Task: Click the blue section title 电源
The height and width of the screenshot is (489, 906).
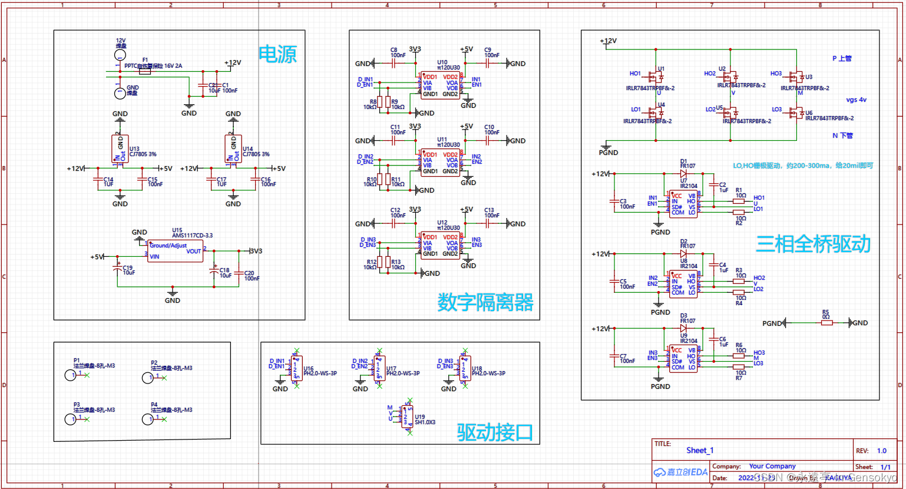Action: [x=277, y=54]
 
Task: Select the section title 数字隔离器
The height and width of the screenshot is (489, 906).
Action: [x=485, y=302]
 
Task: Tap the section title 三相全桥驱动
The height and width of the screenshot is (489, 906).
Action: [x=813, y=243]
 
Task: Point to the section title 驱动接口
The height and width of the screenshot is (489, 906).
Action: [x=495, y=432]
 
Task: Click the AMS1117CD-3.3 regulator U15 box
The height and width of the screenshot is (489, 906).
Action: [x=175, y=251]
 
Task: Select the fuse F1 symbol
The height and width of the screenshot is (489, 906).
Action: [x=145, y=72]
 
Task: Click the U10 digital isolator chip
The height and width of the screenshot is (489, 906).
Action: [x=439, y=85]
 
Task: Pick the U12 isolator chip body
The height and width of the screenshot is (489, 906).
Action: [x=439, y=246]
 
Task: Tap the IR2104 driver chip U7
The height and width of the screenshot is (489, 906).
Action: [x=683, y=203]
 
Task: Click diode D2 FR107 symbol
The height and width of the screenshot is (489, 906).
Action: [x=683, y=254]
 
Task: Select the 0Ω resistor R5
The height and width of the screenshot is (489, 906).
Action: [x=826, y=323]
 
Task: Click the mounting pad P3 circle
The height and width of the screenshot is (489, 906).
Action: [x=70, y=419]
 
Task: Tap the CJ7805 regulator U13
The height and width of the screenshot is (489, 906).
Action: [x=120, y=149]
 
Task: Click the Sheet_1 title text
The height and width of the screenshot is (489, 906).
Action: [x=700, y=451]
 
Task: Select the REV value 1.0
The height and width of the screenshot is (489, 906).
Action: [x=881, y=451]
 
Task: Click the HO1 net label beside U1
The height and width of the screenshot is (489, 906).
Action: [x=635, y=74]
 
